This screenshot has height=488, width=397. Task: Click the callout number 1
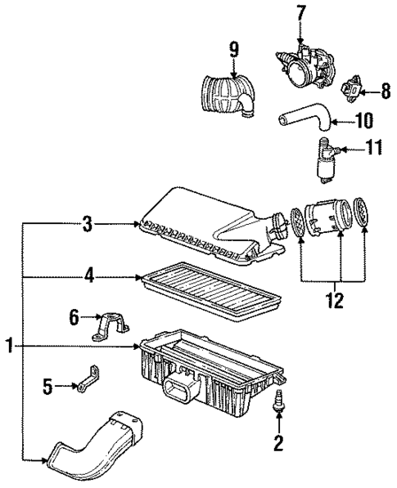coord(10,347)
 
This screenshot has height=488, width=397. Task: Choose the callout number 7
coord(300,13)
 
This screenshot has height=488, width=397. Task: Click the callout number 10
coord(363,121)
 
